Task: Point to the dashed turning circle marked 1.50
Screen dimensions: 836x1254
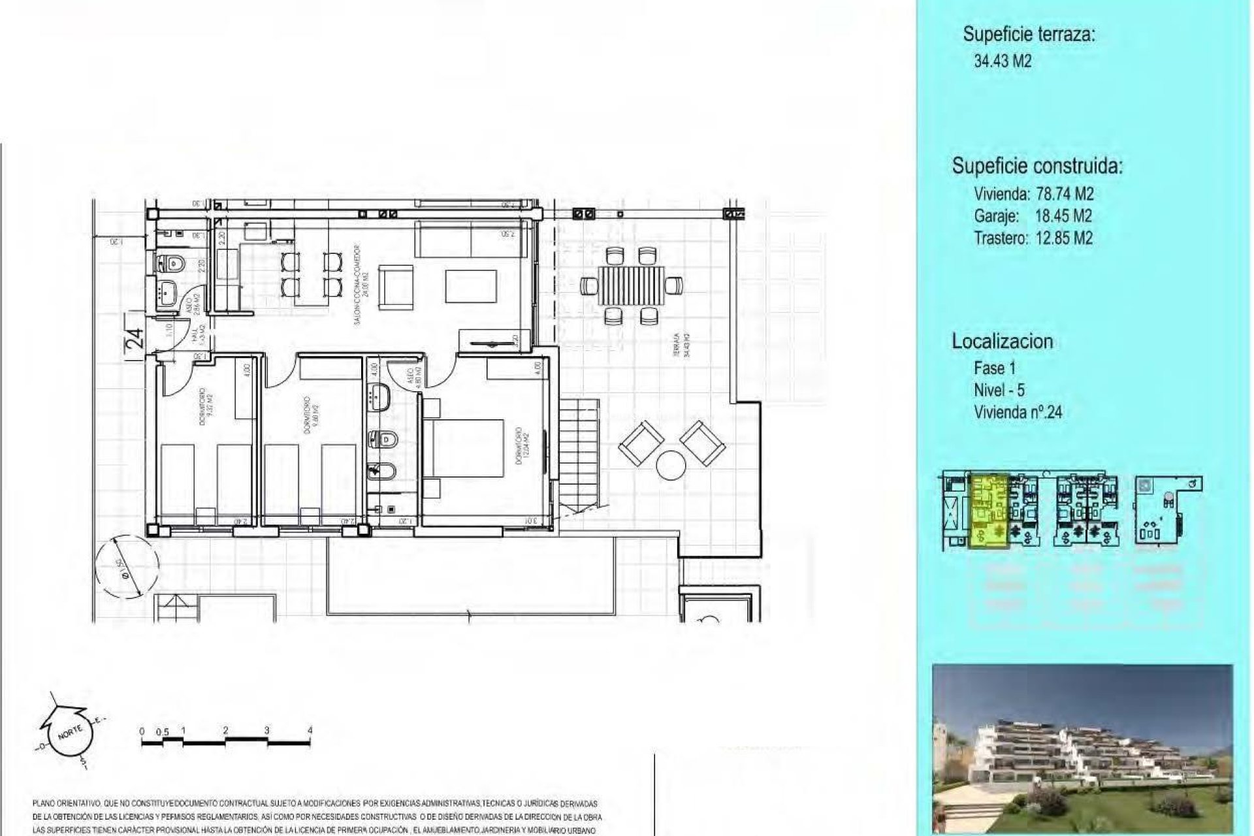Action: pos(127,564)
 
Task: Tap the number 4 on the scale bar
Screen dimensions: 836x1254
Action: pos(310,730)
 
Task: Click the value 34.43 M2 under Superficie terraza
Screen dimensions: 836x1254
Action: pos(1003,61)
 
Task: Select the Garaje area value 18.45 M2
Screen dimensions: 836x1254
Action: pos(1063,216)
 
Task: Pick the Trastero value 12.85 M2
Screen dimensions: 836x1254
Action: pos(1064,238)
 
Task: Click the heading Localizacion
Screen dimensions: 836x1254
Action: pos(1002,341)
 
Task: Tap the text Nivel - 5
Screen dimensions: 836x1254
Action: pos(999,390)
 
